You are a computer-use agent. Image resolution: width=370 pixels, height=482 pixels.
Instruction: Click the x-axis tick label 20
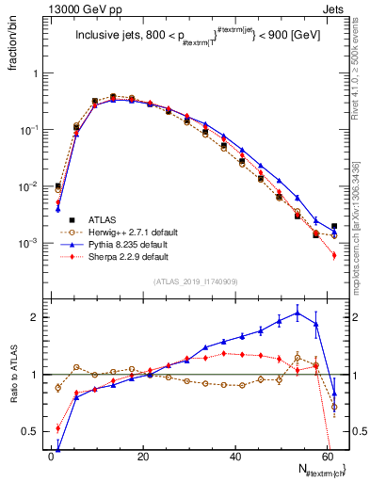coord(143,456)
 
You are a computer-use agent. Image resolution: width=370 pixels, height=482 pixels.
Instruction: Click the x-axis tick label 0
coord(51,456)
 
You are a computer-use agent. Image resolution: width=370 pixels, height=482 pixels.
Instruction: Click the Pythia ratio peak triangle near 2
coord(298,313)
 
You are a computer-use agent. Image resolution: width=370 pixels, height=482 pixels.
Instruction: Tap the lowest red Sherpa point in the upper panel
coord(334,255)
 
